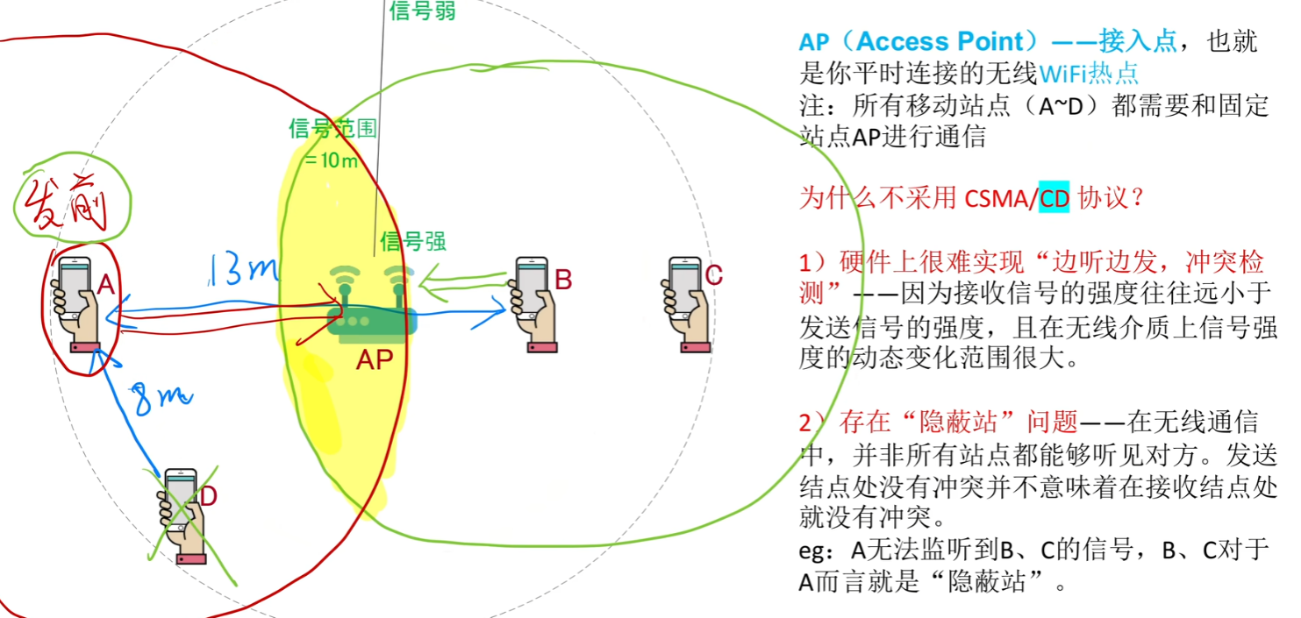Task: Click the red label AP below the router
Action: (x=375, y=359)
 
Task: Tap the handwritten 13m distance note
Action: (x=242, y=269)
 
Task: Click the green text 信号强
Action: (x=413, y=241)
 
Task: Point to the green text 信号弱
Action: (x=422, y=11)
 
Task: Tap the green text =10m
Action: (x=332, y=160)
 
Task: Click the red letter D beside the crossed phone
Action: (x=208, y=496)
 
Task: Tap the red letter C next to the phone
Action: (x=714, y=275)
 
